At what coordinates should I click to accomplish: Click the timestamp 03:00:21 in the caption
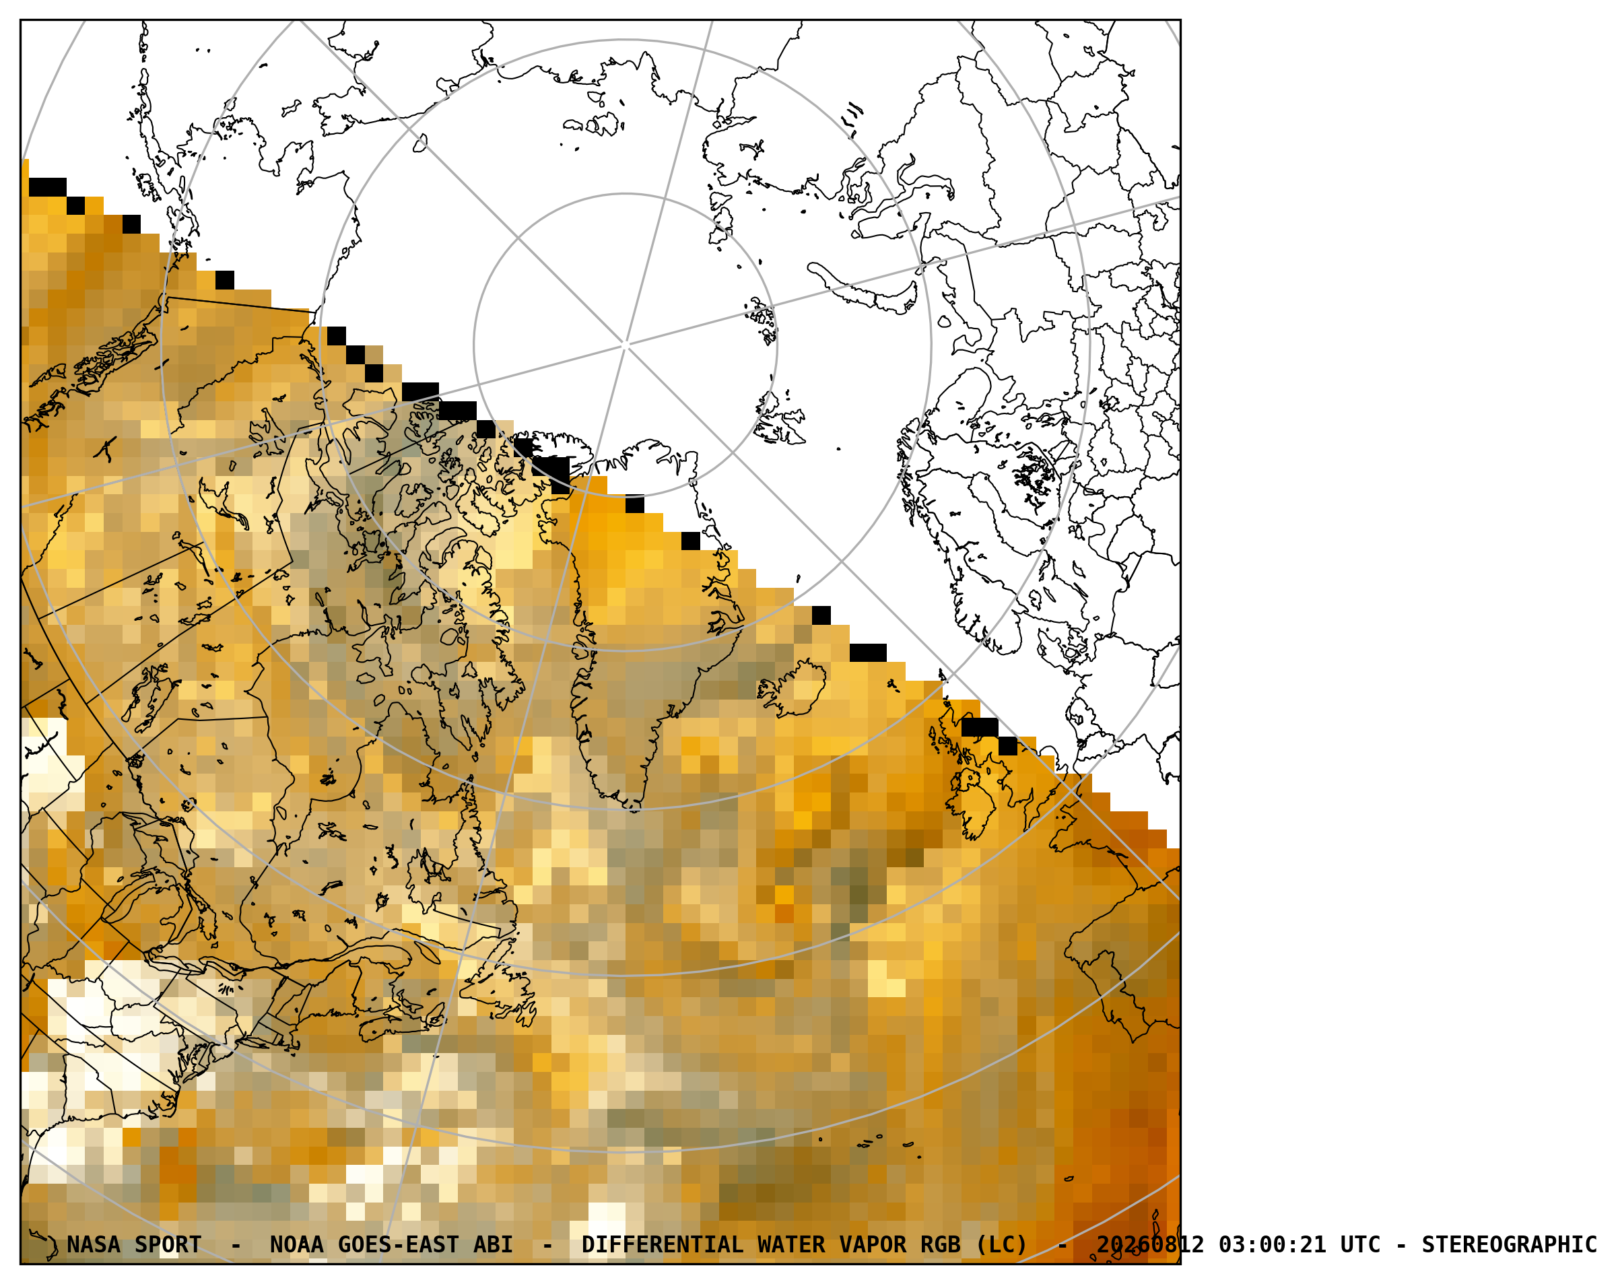tap(1272, 1246)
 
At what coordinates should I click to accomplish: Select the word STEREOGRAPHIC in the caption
tap(1509, 1246)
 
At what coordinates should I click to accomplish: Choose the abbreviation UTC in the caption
tap(1361, 1246)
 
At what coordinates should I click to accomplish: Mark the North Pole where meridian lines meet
tap(625, 345)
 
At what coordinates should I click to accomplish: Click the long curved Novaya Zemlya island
tap(863, 288)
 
